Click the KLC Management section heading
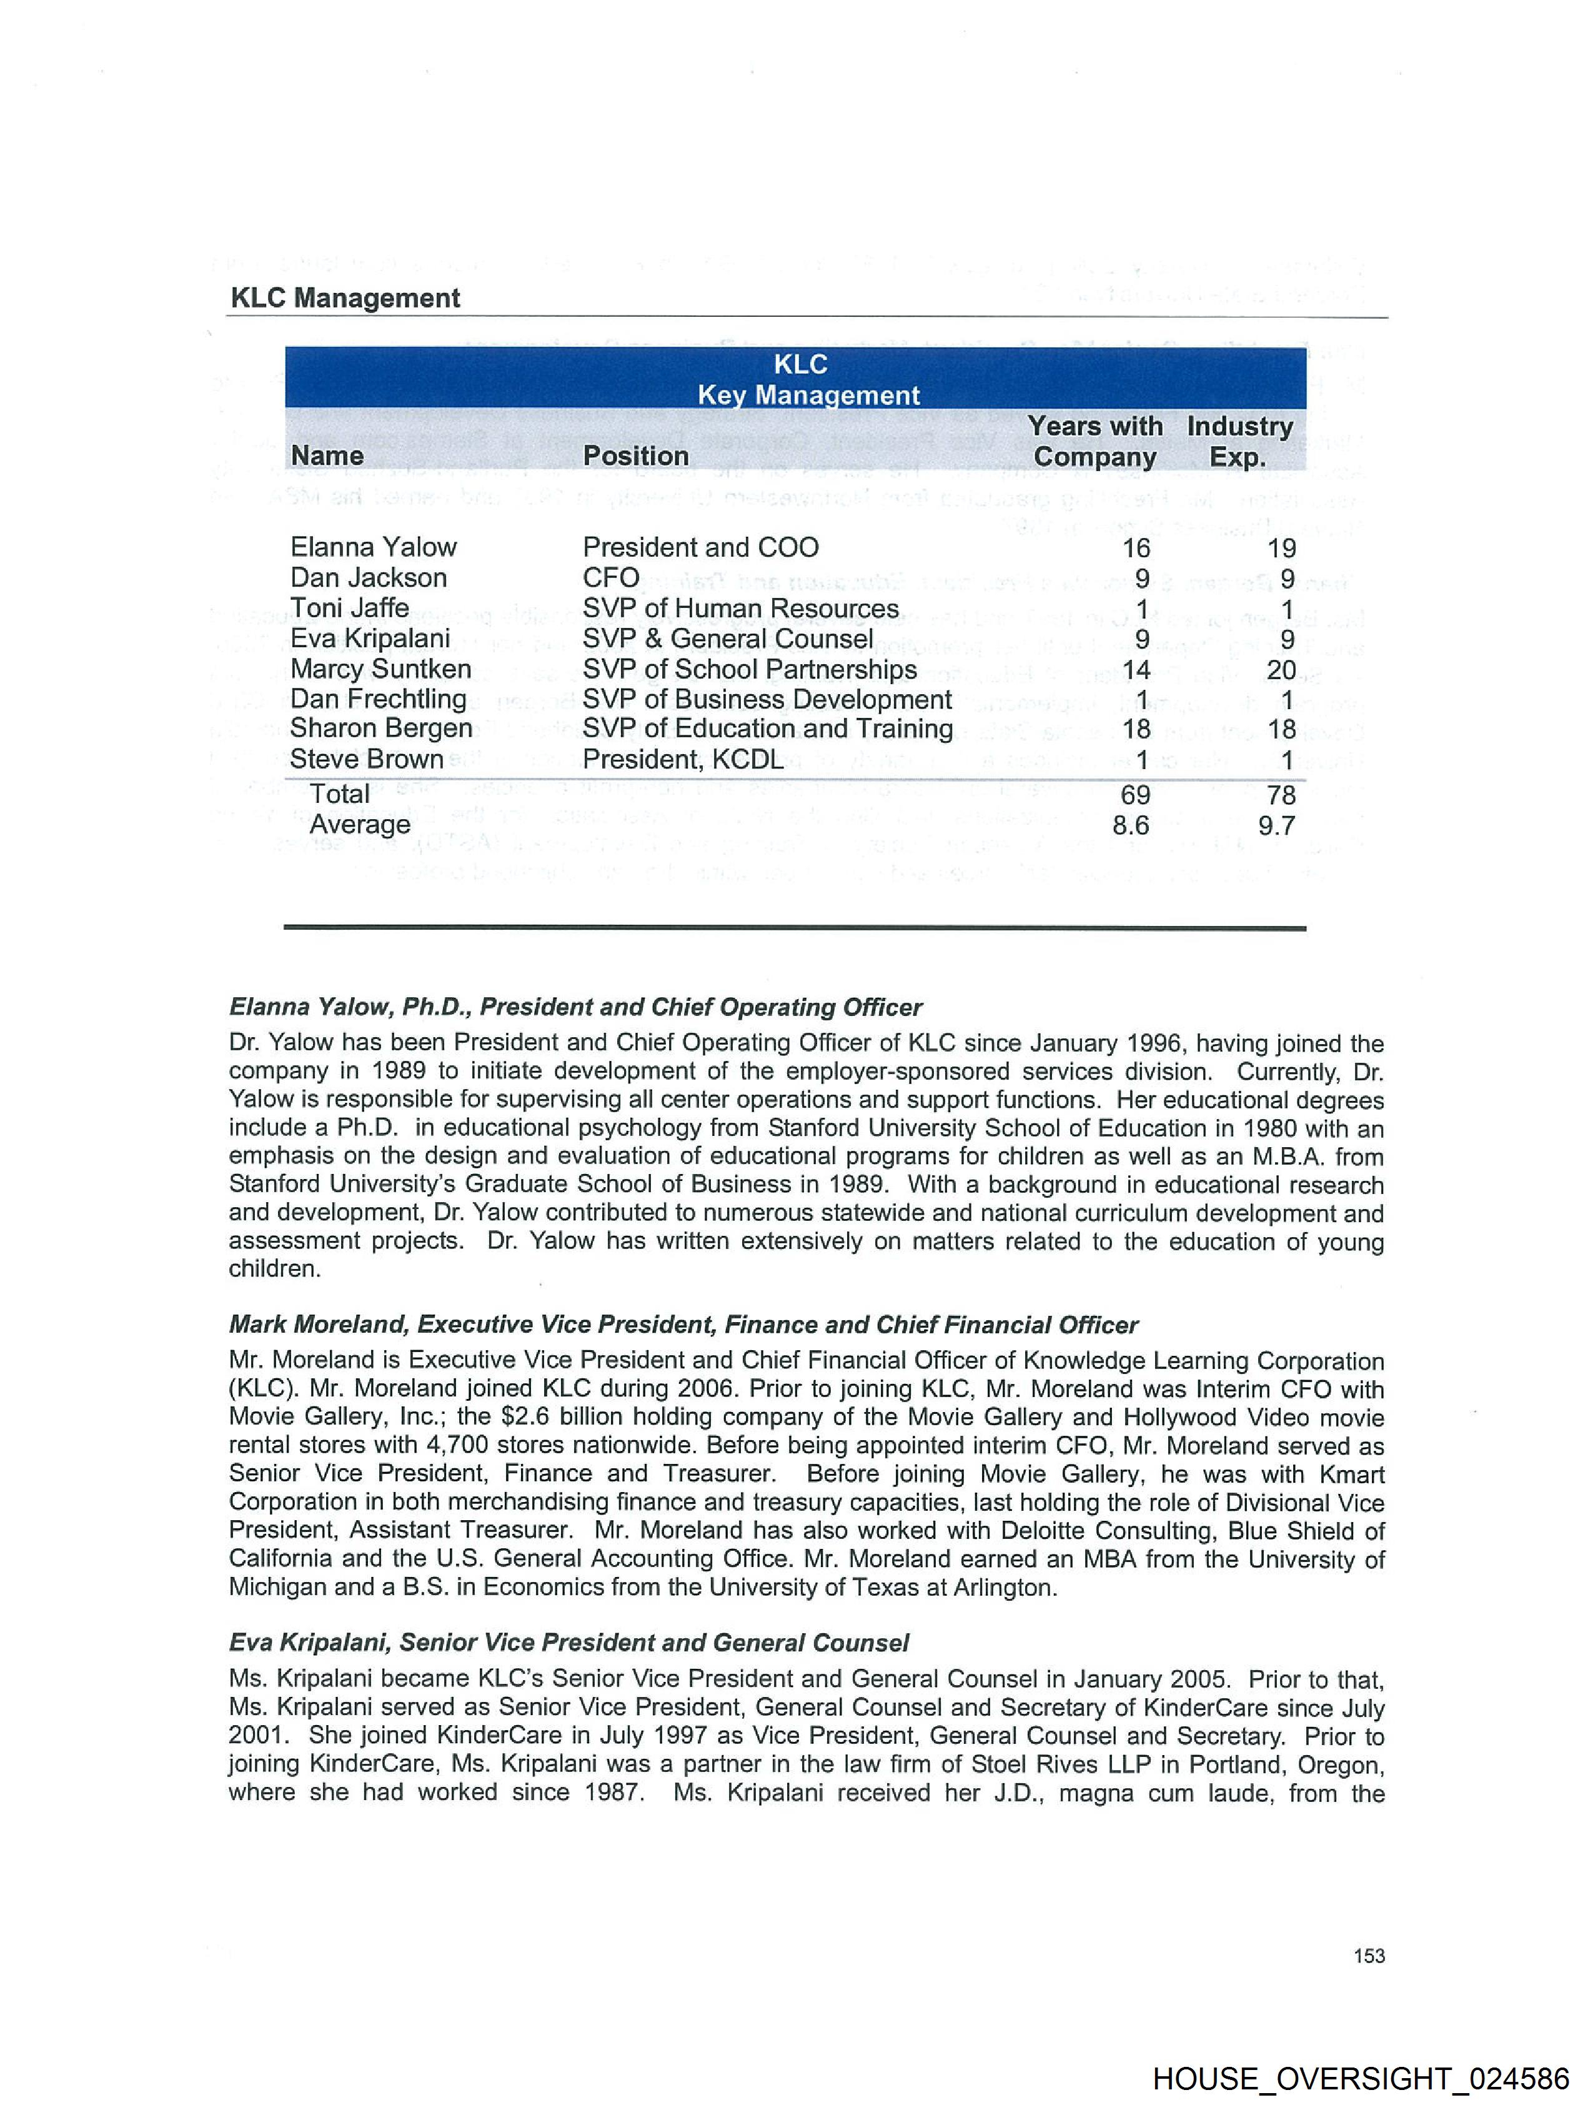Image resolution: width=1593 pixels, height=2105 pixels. pos(344,298)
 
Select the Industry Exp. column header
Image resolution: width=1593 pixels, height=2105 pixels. pos(1239,442)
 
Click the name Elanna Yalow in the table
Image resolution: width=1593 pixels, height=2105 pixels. pos(373,547)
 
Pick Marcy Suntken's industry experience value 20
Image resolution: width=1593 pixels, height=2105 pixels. pos(1281,670)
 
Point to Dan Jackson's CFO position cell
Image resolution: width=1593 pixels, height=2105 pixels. pos(611,577)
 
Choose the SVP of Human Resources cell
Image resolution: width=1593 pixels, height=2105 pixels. pos(740,608)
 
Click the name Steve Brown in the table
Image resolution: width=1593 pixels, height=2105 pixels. pos(366,759)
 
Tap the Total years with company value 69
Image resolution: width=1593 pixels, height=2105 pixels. pos(1134,795)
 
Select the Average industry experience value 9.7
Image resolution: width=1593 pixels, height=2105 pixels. pos(1276,825)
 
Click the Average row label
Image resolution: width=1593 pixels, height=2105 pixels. pos(360,824)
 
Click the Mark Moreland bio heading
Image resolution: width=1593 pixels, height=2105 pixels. pos(683,1325)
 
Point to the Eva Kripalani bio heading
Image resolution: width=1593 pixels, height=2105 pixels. pos(568,1643)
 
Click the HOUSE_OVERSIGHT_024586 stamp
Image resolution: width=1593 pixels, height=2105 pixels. pos(1360,2078)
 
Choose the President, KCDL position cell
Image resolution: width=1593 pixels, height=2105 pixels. pos(682,759)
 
